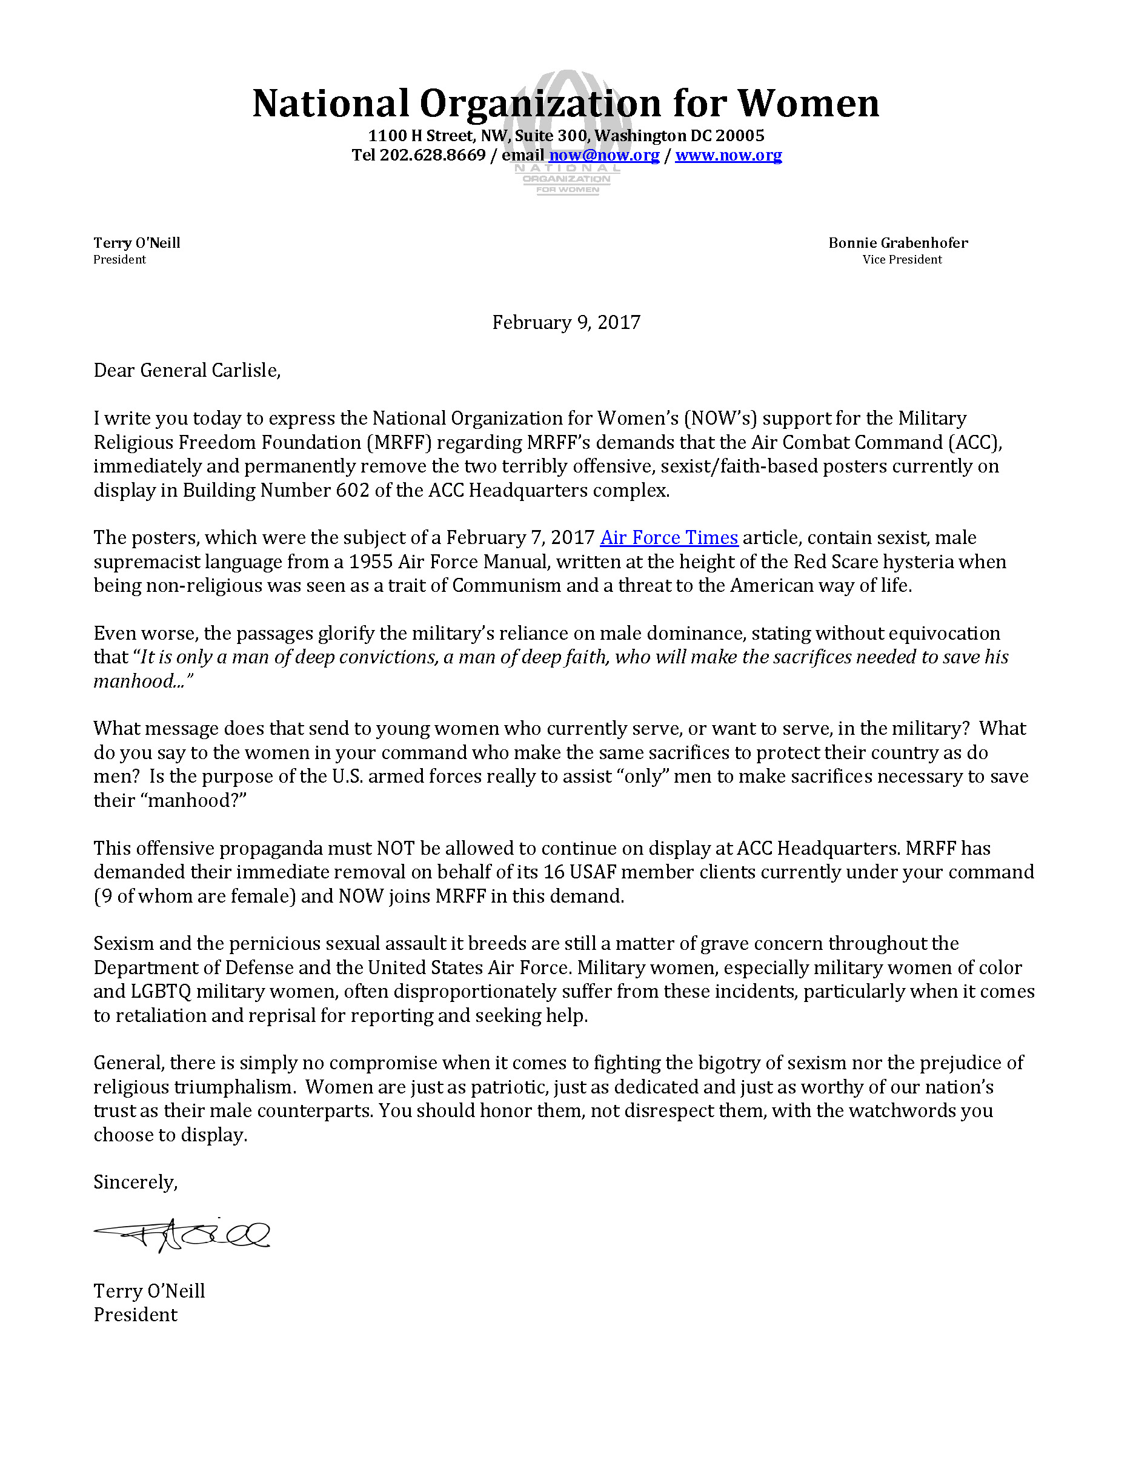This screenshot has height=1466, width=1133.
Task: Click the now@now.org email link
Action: click(x=604, y=155)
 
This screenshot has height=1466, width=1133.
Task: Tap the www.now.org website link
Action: click(x=728, y=155)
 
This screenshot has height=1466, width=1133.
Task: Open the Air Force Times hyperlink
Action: click(x=668, y=538)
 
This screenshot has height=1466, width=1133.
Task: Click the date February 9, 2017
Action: click(x=566, y=322)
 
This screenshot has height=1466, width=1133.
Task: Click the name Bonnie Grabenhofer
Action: click(x=897, y=243)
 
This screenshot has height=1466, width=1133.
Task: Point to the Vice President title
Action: click(x=902, y=260)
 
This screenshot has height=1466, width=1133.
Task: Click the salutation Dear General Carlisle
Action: click(x=187, y=371)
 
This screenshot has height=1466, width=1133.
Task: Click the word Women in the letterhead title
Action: click(x=808, y=104)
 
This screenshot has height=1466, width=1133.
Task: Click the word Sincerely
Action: click(x=135, y=1182)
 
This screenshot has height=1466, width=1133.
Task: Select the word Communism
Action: click(x=506, y=585)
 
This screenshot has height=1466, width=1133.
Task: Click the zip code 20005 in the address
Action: click(x=739, y=136)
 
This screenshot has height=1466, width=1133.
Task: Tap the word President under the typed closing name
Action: click(x=135, y=1315)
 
